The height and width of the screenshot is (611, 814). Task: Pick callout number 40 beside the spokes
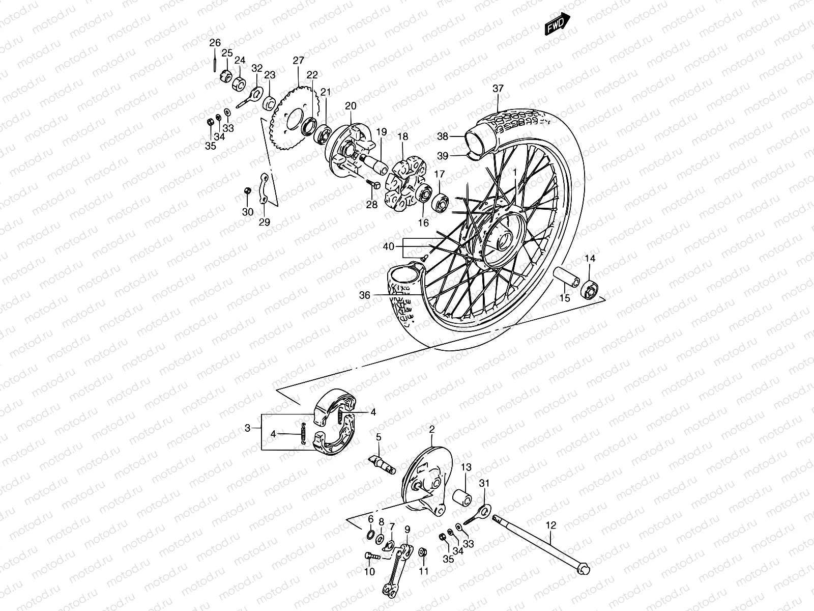(x=388, y=247)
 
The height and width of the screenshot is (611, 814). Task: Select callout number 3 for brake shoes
(x=248, y=428)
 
